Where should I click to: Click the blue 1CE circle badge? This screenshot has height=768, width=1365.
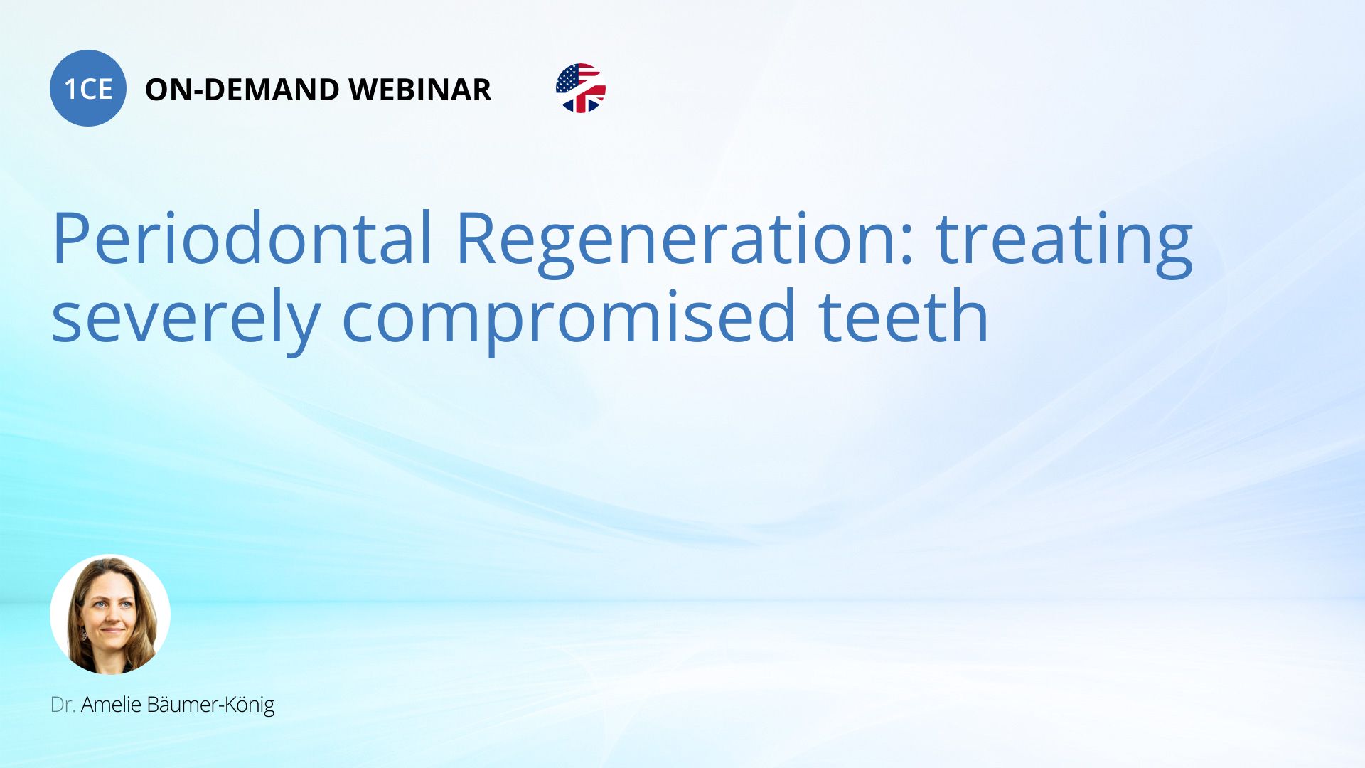(x=88, y=88)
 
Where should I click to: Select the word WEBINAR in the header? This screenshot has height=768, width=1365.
(x=420, y=90)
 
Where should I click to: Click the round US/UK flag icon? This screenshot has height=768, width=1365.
(x=581, y=88)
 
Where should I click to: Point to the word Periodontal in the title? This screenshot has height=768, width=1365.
(x=242, y=238)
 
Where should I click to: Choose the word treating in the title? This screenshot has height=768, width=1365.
(x=1064, y=242)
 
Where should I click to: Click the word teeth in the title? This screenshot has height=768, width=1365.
(x=904, y=315)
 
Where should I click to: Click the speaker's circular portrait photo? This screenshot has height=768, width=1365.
(x=110, y=614)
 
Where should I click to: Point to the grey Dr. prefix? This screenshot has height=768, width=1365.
(x=63, y=705)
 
